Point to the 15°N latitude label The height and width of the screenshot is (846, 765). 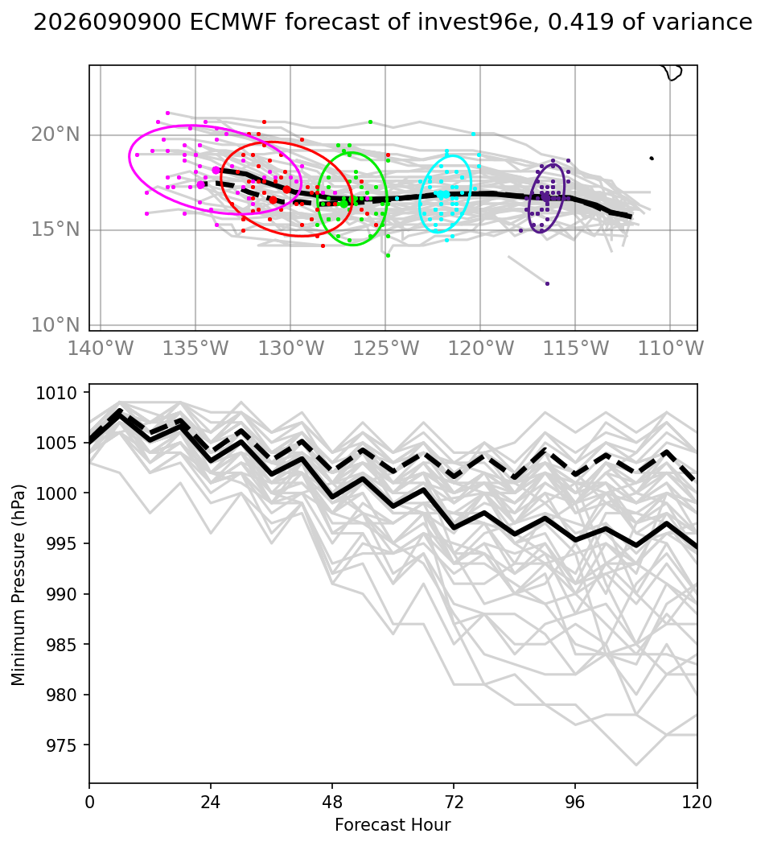pos(55,230)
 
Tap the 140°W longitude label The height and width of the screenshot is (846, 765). pos(101,349)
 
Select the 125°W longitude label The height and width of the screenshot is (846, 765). pos(385,349)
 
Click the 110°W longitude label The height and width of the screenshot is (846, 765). pos(670,349)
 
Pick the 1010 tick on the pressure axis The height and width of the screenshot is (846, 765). pos(56,394)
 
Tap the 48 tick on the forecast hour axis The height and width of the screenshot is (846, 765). pos(332,803)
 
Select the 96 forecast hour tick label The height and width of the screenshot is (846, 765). pos(575,803)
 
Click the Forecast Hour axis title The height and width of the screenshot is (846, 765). pos(393,825)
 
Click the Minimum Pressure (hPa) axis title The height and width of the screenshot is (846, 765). pos(19,585)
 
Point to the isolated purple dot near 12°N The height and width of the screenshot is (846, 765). pos(547,284)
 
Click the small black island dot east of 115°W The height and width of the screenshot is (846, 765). pos(652,158)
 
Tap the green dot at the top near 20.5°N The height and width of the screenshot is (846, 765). pos(370,122)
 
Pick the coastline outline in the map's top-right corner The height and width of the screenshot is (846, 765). pos(673,72)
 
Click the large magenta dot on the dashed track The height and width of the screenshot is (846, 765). pos(201,184)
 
